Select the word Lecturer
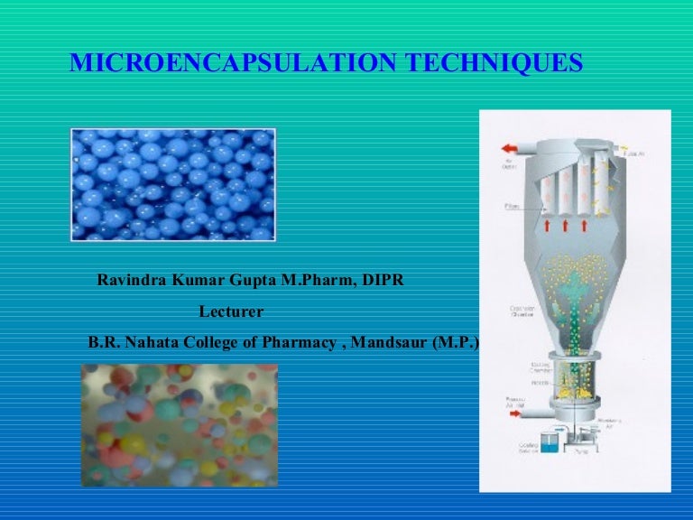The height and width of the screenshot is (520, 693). (x=231, y=311)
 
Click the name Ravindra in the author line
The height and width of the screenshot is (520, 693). (x=134, y=281)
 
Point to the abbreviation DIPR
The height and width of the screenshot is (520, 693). (x=383, y=281)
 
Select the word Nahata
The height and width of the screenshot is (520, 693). (x=153, y=343)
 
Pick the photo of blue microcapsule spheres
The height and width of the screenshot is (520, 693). (x=172, y=184)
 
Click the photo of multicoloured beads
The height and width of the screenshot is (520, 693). (x=179, y=424)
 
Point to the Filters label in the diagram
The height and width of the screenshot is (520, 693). (x=513, y=207)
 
